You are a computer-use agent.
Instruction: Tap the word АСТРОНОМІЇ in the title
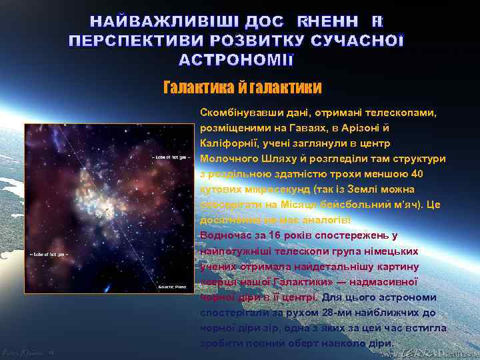tap(236, 60)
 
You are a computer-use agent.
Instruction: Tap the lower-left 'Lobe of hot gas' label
tap(48, 254)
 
